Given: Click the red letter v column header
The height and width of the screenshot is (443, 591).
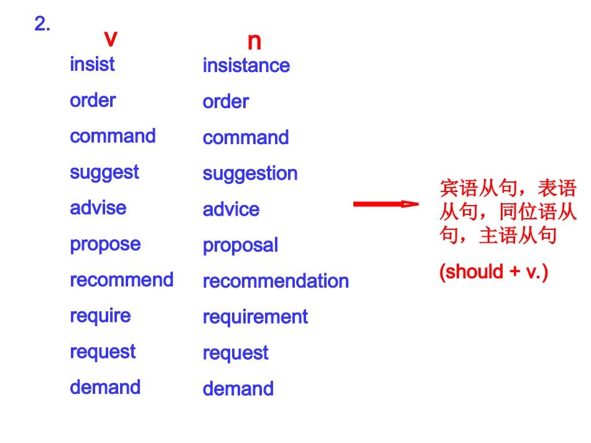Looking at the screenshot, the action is coord(111,39).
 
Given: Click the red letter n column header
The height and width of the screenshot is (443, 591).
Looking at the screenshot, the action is coord(254,42).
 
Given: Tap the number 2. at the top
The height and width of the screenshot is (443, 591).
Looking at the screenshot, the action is coord(42,24).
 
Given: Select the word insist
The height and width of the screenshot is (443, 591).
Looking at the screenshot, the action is coord(92,63).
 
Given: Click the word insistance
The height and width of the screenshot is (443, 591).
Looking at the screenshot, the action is coord(246,65).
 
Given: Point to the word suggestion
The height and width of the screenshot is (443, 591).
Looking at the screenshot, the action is coord(250,174).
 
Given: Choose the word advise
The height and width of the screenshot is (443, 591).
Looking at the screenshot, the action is coord(98,208).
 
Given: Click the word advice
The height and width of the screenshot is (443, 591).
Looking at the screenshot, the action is coord(231,209).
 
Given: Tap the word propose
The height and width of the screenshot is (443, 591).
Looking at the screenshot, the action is coord(106,245).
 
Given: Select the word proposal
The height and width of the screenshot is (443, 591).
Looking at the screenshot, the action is coord(241,246).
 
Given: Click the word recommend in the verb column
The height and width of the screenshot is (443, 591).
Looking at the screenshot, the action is coord(122,280).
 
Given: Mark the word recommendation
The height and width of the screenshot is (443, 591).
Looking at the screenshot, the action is coord(276,281).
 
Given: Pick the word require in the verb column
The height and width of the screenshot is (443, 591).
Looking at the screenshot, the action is coord(100,316).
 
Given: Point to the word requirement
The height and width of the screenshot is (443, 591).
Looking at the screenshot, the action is coord(256,317).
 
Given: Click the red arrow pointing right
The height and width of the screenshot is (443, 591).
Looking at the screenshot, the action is coord(386,204).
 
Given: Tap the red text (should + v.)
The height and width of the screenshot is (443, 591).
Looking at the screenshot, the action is coord(494,272).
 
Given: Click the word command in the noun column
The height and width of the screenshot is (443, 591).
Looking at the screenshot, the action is coord(246,137).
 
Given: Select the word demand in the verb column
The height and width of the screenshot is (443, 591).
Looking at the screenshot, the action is coord(105,387).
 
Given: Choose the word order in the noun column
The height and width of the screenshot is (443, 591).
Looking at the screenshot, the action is coord(226,102).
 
